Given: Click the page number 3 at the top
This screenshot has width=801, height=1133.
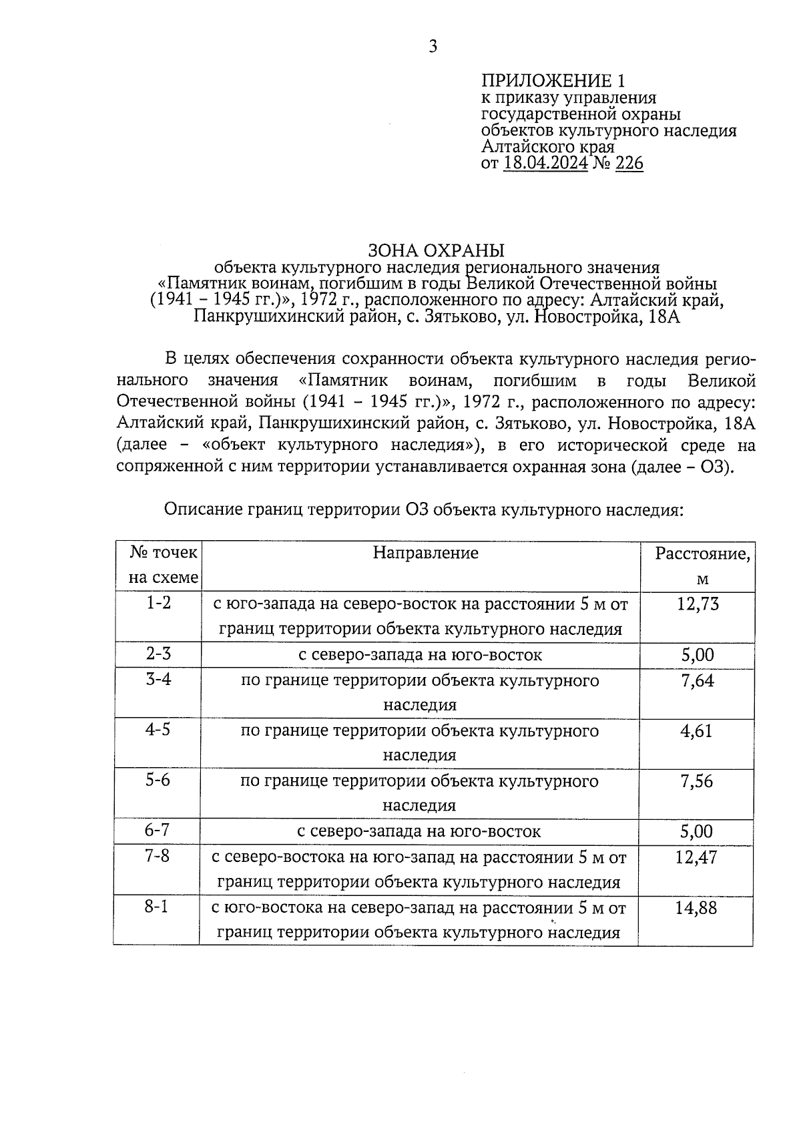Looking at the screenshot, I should (433, 46).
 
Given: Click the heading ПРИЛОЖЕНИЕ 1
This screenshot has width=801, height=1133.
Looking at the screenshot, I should (555, 81).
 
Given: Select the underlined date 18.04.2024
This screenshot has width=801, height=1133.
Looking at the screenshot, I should (546, 164).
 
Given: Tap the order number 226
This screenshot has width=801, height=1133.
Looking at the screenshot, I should (629, 164).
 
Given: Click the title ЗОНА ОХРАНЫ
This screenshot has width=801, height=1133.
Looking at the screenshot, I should (437, 250).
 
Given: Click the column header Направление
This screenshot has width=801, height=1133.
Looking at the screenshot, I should (425, 553).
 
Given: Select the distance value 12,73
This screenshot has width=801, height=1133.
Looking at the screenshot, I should (697, 604).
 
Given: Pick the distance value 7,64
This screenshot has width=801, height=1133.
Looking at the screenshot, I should (697, 680).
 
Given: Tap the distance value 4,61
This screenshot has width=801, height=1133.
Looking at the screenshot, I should (696, 731).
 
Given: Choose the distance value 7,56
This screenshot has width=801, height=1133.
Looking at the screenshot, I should (697, 781).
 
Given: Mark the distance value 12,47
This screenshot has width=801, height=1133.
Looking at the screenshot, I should (696, 857).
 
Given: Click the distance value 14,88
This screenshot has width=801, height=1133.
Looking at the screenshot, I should (696, 908).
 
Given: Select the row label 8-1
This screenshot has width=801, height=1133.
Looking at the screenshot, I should (158, 907).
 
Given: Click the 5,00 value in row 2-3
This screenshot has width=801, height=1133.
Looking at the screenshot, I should (698, 655).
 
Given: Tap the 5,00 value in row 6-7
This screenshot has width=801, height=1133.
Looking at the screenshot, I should (696, 832).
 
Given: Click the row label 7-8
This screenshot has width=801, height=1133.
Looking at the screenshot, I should (158, 856).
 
